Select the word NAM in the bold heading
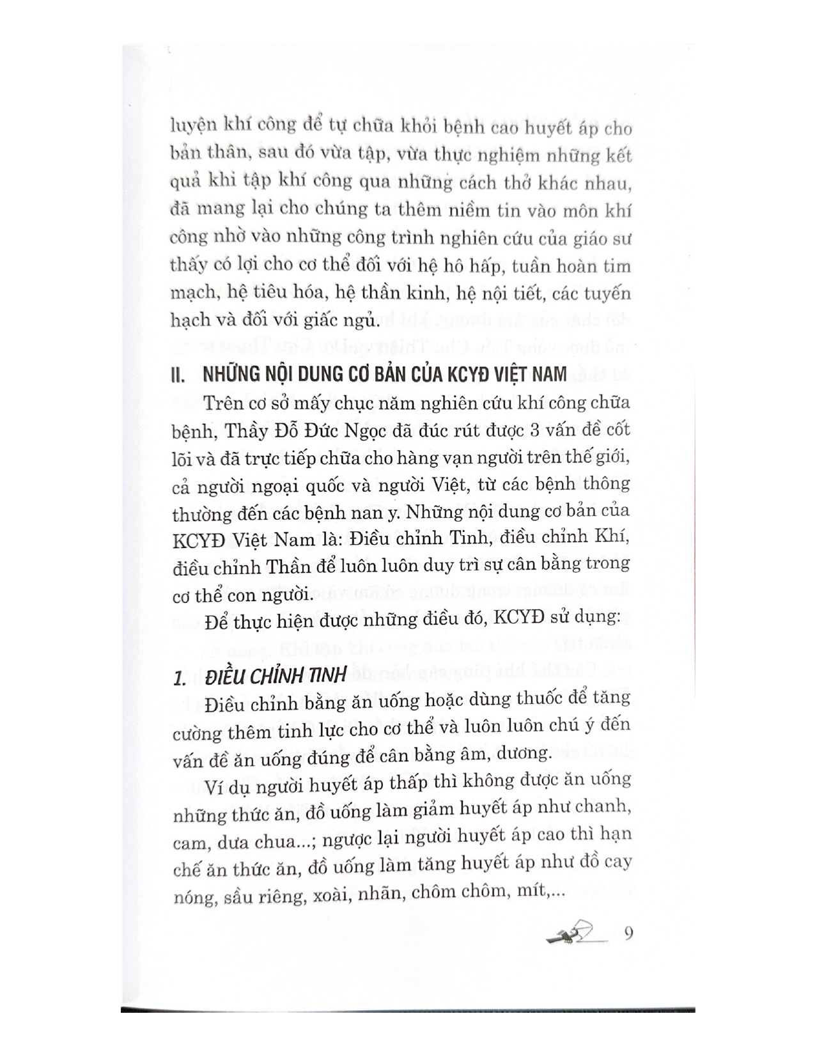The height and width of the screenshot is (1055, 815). click(547, 373)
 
